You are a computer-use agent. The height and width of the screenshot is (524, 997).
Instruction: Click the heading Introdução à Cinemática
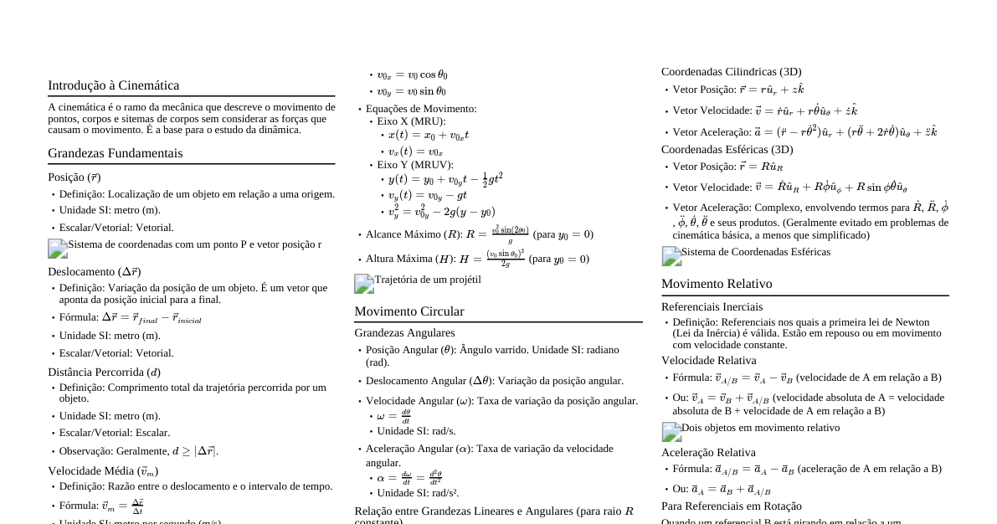113,85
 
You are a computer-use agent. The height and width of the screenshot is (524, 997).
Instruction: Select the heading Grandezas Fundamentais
115,153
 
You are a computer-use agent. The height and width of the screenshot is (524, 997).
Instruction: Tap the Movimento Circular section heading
409,311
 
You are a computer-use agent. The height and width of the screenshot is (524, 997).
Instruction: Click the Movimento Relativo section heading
717,284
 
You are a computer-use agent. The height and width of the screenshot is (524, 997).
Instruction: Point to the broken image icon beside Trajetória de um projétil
364,284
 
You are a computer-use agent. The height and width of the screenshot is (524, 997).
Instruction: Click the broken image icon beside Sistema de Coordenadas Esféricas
671,256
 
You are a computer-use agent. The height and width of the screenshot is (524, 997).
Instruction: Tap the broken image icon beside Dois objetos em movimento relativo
671,432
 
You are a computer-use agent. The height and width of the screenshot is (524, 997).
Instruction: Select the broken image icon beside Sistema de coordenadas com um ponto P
58,249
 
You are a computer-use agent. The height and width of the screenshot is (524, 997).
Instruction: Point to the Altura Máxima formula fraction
506,259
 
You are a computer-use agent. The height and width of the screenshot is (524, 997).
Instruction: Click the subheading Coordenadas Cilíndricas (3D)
731,72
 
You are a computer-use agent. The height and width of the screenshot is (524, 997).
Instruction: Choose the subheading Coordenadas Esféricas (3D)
727,150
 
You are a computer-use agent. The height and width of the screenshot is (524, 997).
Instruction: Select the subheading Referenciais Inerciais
712,307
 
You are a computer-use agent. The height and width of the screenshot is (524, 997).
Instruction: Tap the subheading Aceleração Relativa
707,453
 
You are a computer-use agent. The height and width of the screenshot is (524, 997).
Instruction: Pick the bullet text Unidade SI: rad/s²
418,493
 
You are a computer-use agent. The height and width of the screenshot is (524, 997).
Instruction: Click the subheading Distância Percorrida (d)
104,372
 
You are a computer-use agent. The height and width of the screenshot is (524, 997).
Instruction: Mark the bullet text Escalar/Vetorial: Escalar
114,433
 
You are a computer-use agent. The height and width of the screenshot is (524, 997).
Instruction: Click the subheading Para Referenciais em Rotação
731,506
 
